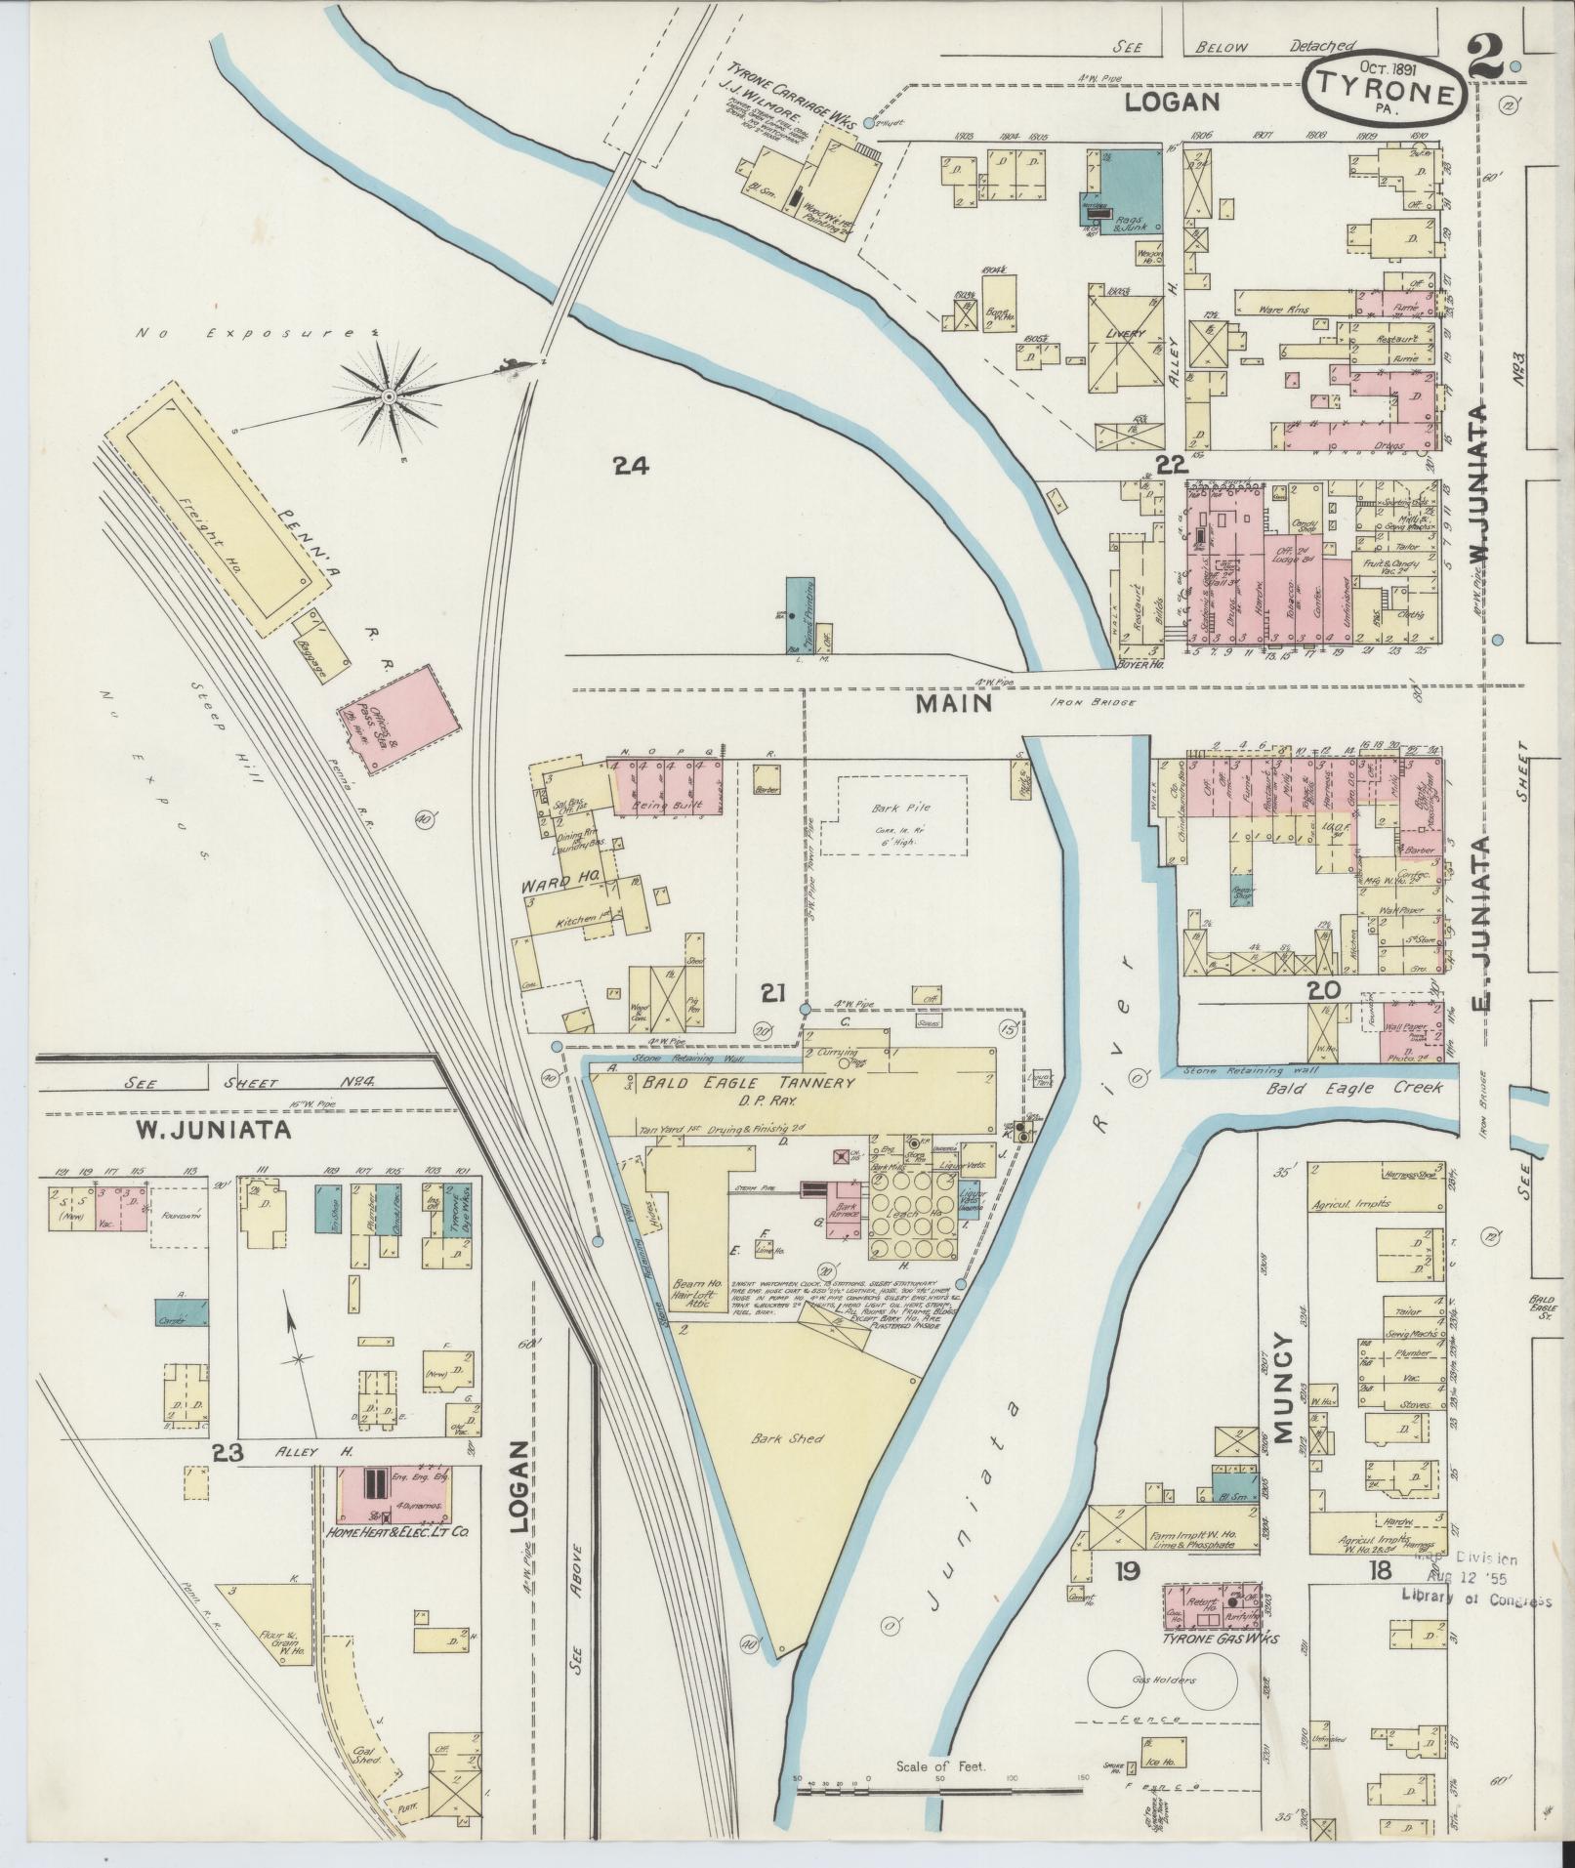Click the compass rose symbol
pyautogui.click(x=389, y=395)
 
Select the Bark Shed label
pyautogui.click(x=777, y=1437)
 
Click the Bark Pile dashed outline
pyautogui.click(x=893, y=815)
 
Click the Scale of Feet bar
pyautogui.click(x=942, y=1791)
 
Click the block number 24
pyautogui.click(x=632, y=466)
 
